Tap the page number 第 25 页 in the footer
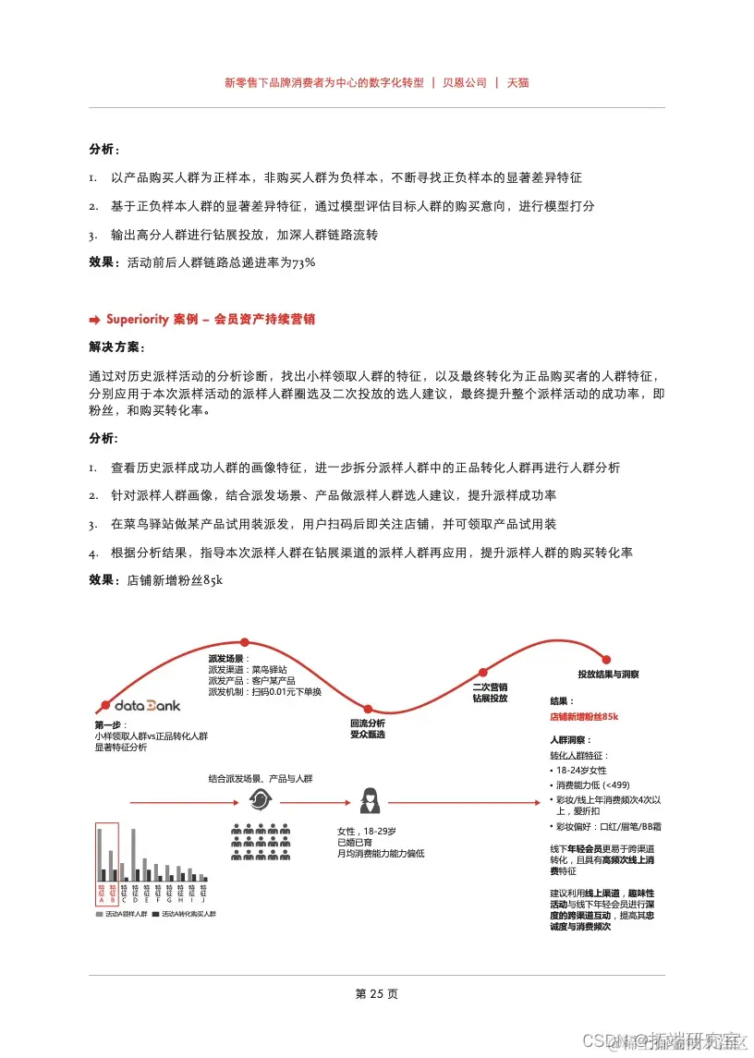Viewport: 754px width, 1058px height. click(x=376, y=994)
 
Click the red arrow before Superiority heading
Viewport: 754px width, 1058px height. click(x=94, y=320)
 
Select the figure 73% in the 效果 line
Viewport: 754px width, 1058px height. click(x=304, y=262)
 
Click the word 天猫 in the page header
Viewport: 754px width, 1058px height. click(x=517, y=82)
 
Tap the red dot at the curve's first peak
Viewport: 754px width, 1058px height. click(x=244, y=641)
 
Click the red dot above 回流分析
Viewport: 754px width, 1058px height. click(x=367, y=707)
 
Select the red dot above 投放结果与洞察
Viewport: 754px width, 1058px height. click(x=607, y=659)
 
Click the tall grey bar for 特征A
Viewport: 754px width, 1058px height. click(x=100, y=854)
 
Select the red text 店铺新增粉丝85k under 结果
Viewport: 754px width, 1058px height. click(x=584, y=716)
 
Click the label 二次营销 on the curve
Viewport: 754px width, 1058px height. click(x=490, y=687)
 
